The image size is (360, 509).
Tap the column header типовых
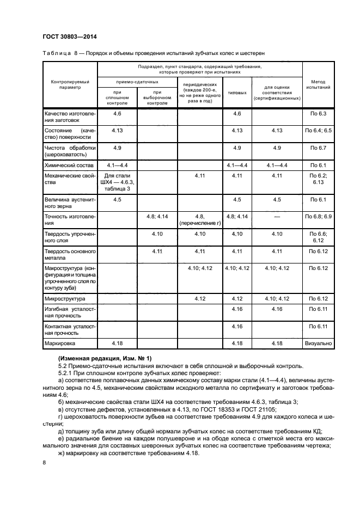pos(236,93)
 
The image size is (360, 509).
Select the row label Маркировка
pos(60,344)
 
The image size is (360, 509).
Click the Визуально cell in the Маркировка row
pos(318,344)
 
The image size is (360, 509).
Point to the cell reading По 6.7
pos(318,148)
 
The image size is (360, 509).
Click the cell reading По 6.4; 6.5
pos(318,131)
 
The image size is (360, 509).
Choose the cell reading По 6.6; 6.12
pos(318,237)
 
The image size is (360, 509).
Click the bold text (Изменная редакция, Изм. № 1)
pos(105,358)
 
